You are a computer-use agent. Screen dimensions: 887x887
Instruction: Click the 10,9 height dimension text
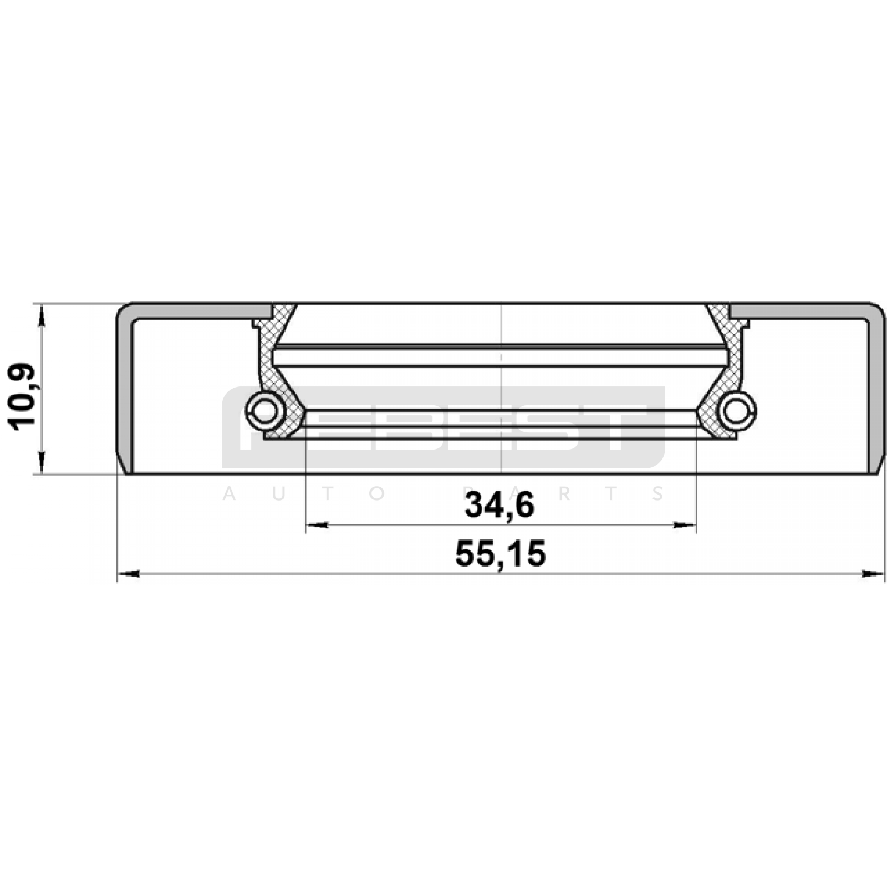pyautogui.click(x=22, y=396)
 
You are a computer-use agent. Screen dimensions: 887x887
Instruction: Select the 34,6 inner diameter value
pyautogui.click(x=499, y=505)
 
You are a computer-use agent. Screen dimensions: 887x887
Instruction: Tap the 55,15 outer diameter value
pyautogui.click(x=501, y=553)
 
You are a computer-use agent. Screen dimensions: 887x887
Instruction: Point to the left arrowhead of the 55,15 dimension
pyautogui.click(x=128, y=574)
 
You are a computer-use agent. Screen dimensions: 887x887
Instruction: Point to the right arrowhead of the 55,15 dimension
pyautogui.click(x=873, y=574)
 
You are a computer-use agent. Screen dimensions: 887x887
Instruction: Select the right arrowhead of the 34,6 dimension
pyautogui.click(x=684, y=525)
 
